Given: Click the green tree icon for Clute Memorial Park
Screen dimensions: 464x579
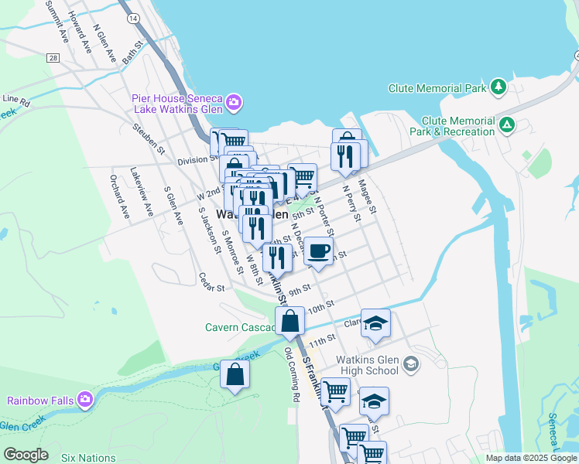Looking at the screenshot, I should (500, 87).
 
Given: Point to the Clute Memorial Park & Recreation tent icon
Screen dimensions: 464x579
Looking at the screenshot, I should (507, 124).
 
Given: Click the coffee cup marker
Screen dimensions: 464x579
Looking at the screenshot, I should (317, 251).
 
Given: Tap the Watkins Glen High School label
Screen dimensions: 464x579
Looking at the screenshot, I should (367, 365).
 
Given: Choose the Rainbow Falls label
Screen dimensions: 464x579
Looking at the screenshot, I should (40, 401).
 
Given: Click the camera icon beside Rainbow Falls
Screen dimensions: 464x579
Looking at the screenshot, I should (85, 400).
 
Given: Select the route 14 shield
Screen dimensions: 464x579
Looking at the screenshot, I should (134, 17).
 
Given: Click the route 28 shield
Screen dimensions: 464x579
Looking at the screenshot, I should (53, 58).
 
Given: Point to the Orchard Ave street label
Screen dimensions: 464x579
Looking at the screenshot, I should (120, 202).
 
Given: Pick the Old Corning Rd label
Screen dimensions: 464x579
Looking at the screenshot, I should (292, 374).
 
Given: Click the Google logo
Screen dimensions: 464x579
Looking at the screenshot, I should (25, 455).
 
